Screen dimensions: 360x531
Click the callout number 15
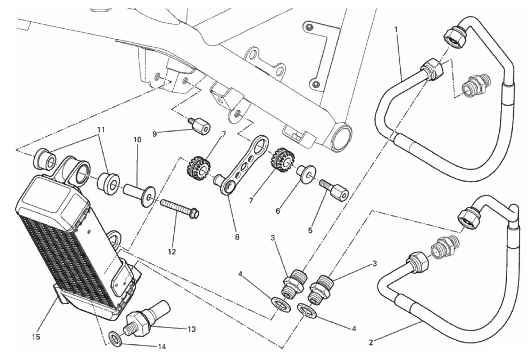36,337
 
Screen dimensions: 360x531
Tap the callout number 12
172,251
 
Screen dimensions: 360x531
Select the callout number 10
137,139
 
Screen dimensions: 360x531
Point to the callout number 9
154,134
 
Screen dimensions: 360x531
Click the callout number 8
237,237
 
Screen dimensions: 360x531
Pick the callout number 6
278,211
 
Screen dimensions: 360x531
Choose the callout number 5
310,230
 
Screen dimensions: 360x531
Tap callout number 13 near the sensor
192,329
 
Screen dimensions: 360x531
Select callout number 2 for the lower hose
371,342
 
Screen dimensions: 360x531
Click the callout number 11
101,129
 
